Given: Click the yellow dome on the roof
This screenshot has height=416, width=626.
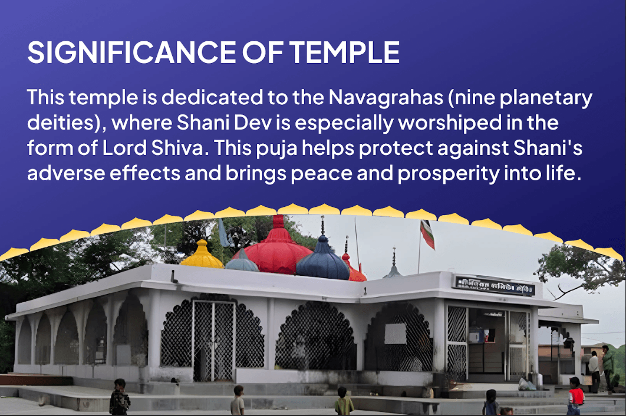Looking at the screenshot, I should click(x=202, y=255).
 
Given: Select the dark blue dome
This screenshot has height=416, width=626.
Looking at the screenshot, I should click(x=322, y=259).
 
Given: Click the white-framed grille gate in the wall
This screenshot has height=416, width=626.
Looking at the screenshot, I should click(x=214, y=339).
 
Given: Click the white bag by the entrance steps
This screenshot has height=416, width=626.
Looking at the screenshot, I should click(x=526, y=384).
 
